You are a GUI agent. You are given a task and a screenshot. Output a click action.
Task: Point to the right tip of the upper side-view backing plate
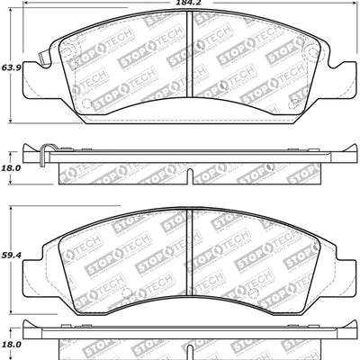pos(351,150)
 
